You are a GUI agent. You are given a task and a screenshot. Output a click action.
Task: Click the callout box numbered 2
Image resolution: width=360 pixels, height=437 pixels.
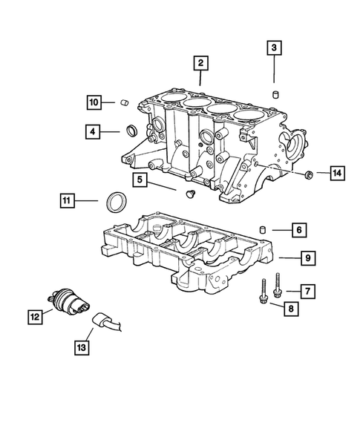click(x=199, y=63)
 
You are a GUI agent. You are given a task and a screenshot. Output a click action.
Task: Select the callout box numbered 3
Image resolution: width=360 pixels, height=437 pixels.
click(x=274, y=49)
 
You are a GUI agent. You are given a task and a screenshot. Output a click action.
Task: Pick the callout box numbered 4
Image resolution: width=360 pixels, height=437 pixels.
click(x=93, y=133)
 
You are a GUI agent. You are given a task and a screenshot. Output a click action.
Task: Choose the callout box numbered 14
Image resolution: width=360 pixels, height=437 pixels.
click(x=337, y=174)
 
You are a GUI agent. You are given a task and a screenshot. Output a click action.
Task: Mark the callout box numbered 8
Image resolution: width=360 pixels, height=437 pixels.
click(x=295, y=308)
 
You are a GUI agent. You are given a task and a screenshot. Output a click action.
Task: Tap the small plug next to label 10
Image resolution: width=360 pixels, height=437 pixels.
click(x=126, y=102)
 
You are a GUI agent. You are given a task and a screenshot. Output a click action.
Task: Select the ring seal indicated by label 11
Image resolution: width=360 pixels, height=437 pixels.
click(x=117, y=200)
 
